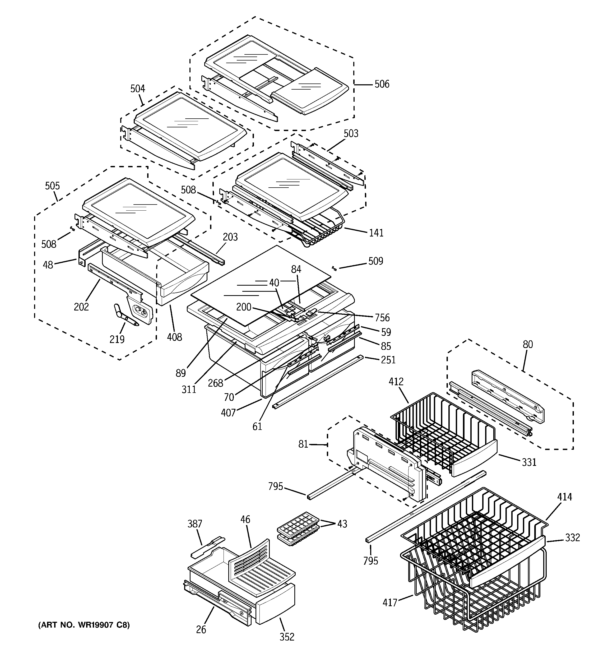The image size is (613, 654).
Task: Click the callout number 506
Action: (382, 84)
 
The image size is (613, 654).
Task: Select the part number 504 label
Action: (138, 89)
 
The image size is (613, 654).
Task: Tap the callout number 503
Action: (351, 133)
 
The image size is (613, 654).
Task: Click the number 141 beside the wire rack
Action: (376, 233)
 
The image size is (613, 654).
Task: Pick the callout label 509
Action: (375, 261)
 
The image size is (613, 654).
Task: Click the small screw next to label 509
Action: (334, 268)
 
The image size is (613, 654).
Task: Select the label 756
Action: (382, 318)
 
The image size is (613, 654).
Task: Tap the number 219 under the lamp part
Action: (117, 339)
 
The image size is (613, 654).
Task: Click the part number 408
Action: (174, 337)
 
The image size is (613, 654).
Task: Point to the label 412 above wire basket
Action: (396, 382)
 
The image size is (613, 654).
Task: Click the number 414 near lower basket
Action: (564, 497)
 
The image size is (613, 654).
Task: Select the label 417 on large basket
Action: (390, 603)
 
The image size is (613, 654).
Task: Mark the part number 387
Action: (195, 524)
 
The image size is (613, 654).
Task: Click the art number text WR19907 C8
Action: (84, 625)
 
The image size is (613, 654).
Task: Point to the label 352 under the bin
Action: (287, 637)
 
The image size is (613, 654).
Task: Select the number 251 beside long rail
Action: (388, 360)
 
